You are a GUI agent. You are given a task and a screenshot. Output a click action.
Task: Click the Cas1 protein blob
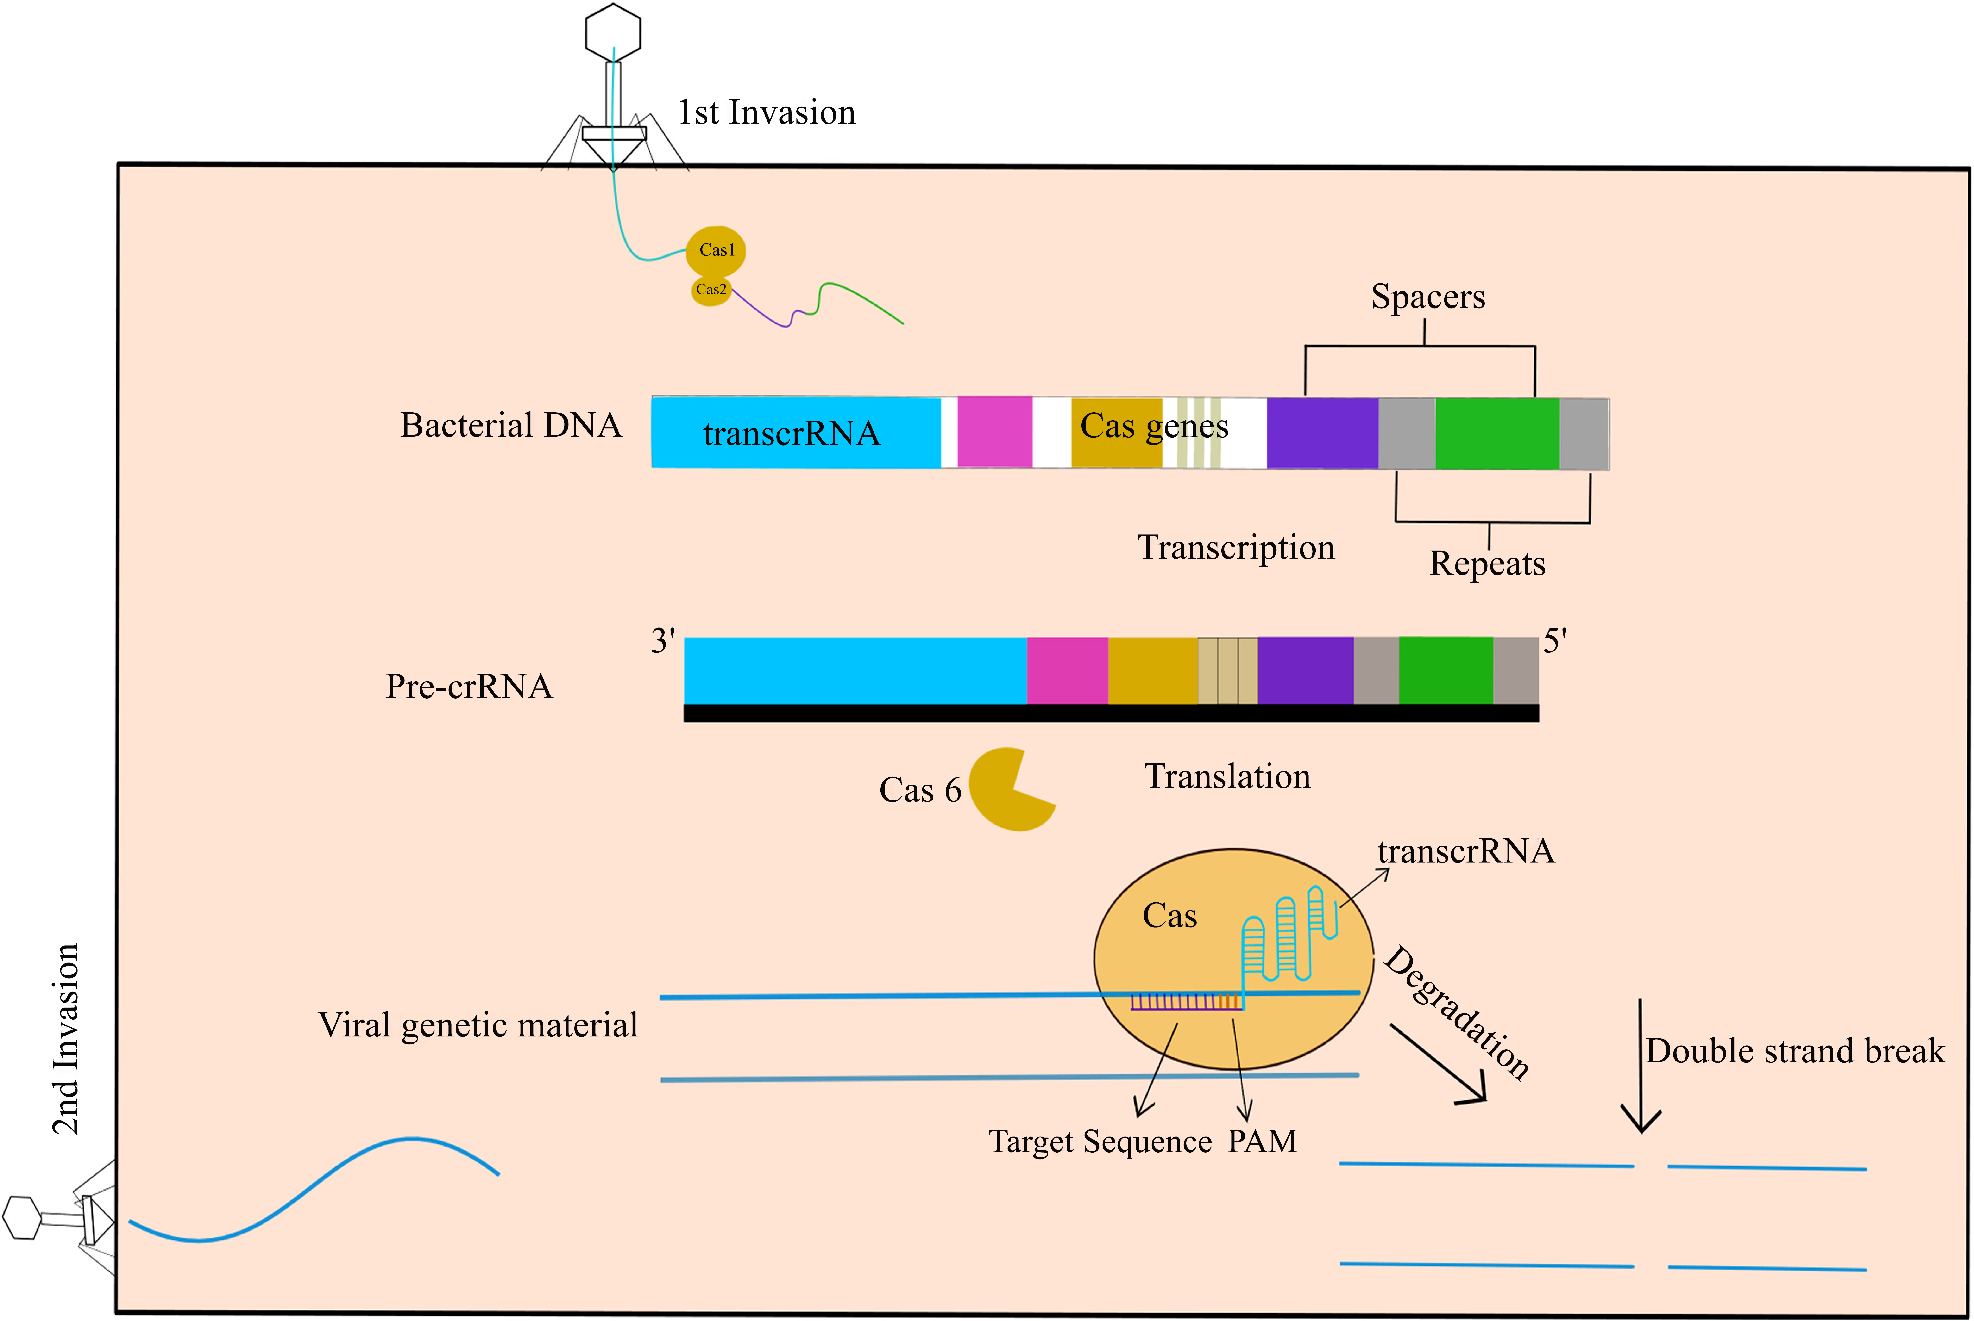point(716,250)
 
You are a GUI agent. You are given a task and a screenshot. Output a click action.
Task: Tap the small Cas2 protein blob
point(710,290)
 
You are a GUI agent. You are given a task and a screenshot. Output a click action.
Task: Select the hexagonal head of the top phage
point(613,32)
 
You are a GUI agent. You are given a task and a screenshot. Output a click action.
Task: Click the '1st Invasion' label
point(766,112)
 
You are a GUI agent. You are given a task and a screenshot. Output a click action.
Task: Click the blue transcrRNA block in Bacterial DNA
point(796,432)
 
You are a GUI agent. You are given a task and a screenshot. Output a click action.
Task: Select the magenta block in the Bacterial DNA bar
point(995,432)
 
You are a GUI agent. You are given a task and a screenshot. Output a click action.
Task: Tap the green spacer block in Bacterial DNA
point(1497,433)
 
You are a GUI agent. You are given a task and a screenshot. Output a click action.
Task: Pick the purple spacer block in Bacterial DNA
point(1322,433)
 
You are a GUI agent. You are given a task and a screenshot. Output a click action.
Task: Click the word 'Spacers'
point(1428,297)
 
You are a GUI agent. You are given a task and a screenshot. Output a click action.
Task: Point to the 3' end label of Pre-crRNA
point(662,641)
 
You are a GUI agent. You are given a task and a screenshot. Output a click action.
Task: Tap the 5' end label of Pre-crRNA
point(1555,641)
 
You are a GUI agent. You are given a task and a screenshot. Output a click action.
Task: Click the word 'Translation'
point(1227,776)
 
